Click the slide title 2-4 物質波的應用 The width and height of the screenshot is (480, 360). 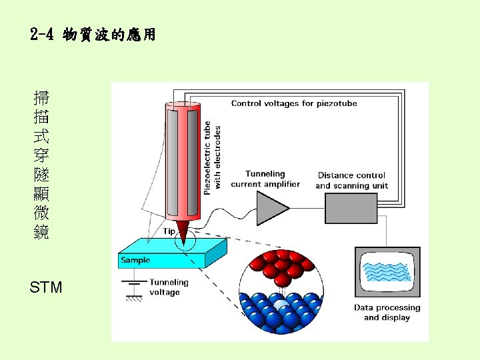tap(93, 35)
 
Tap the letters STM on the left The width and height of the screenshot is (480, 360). tap(46, 288)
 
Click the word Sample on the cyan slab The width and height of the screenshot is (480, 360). tap(135, 260)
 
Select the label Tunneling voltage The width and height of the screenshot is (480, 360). tap(168, 287)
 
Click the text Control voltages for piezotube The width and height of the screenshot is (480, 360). tap(293, 103)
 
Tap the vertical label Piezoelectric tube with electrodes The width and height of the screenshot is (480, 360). tap(212, 158)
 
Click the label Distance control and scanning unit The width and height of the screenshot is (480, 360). tap(351, 181)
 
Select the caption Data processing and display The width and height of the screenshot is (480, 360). tap(387, 313)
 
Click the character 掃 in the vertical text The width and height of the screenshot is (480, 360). tap(41, 99)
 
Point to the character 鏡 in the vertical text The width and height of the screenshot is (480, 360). tap(41, 233)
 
